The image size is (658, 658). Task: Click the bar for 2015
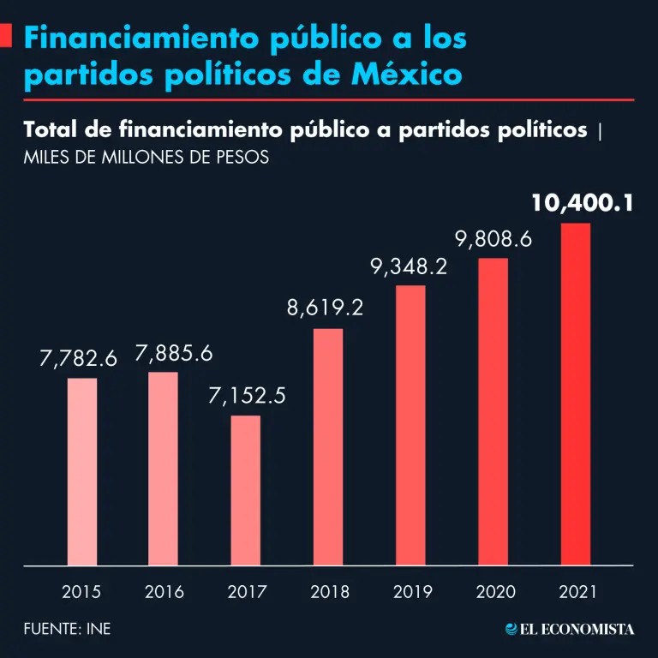click(x=82, y=471)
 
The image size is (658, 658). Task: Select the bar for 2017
click(x=246, y=490)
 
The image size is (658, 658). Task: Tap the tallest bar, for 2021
click(x=576, y=394)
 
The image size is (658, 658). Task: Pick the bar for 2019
click(x=410, y=425)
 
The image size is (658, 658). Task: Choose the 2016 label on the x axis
click(x=164, y=591)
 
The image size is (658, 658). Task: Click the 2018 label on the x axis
click(x=329, y=591)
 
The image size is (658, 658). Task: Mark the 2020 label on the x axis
click(x=493, y=591)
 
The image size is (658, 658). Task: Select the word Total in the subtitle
click(x=53, y=130)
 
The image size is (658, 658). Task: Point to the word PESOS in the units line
click(x=245, y=158)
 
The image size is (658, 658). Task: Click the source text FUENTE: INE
click(x=68, y=629)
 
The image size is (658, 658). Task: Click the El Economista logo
click(x=570, y=629)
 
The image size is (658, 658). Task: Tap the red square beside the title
click(x=5, y=37)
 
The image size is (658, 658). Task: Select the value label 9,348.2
click(x=409, y=266)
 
